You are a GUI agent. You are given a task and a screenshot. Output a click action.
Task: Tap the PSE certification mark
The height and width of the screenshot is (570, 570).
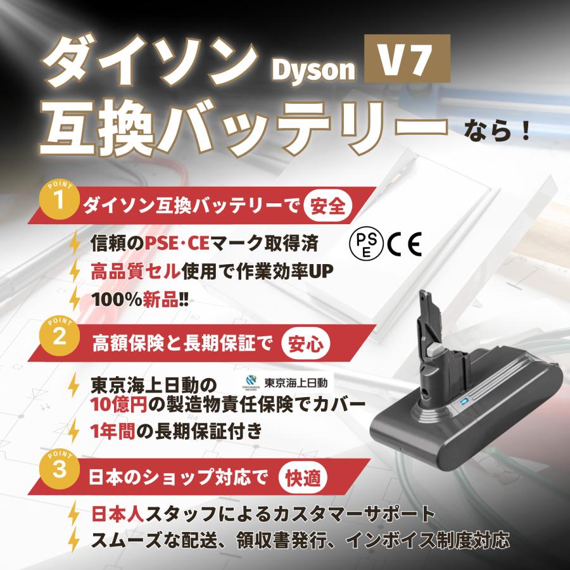364,243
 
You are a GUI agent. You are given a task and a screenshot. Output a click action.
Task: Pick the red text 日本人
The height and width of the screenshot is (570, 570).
115,514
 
